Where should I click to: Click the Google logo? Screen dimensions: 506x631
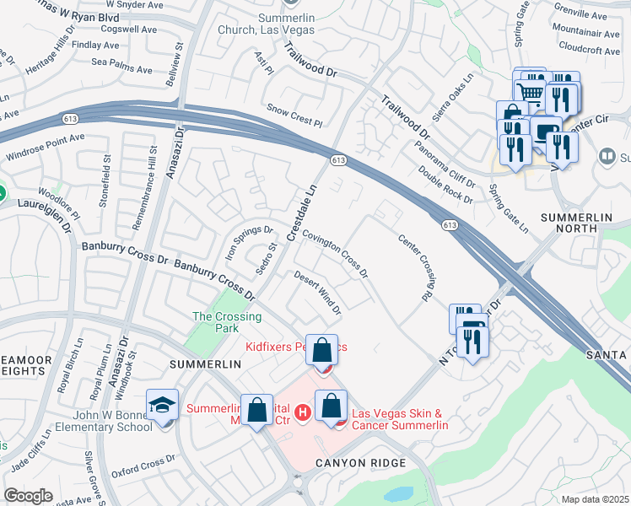29,496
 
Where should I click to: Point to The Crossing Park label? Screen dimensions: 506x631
227,322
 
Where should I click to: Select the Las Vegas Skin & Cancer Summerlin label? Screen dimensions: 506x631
399,419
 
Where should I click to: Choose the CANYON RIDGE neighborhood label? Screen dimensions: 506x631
360,463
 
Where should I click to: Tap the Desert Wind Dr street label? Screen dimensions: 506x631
317,293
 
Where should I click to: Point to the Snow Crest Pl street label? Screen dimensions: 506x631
294,116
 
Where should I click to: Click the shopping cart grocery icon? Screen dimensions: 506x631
529,91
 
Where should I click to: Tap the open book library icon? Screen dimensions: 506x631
607,157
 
